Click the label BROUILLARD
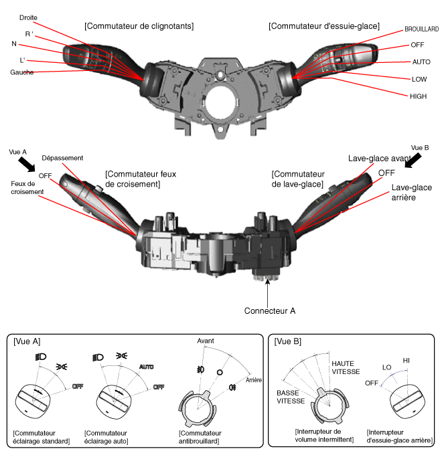click(421, 30)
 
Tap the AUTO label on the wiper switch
click(421, 62)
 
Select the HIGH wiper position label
click(418, 96)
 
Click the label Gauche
click(22, 72)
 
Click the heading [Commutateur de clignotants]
click(139, 26)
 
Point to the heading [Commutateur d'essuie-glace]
click(323, 26)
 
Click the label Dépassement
click(62, 158)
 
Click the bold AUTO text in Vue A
click(146, 367)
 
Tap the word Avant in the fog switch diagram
click(206, 341)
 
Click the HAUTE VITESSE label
click(346, 367)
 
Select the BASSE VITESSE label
click(291, 397)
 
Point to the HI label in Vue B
click(406, 361)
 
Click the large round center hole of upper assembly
click(222, 102)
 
